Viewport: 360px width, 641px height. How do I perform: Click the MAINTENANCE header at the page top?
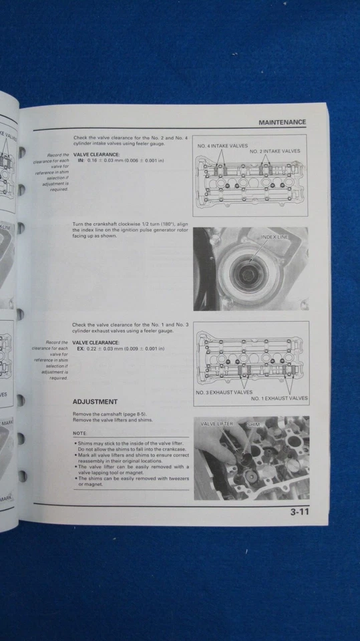(282, 122)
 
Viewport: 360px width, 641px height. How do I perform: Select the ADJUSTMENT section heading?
(95, 401)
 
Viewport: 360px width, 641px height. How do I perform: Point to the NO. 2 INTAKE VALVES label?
(275, 152)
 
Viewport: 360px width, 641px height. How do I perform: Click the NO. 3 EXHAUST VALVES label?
(224, 392)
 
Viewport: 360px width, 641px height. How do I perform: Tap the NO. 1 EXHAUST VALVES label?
(279, 398)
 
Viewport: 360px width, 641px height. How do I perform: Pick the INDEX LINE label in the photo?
(276, 236)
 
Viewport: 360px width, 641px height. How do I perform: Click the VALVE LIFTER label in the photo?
(217, 424)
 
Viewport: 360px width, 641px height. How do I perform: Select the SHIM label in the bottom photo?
(253, 424)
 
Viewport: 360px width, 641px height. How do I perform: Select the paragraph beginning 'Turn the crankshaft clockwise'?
(130, 229)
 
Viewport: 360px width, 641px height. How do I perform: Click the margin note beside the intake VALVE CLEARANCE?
(53, 172)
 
